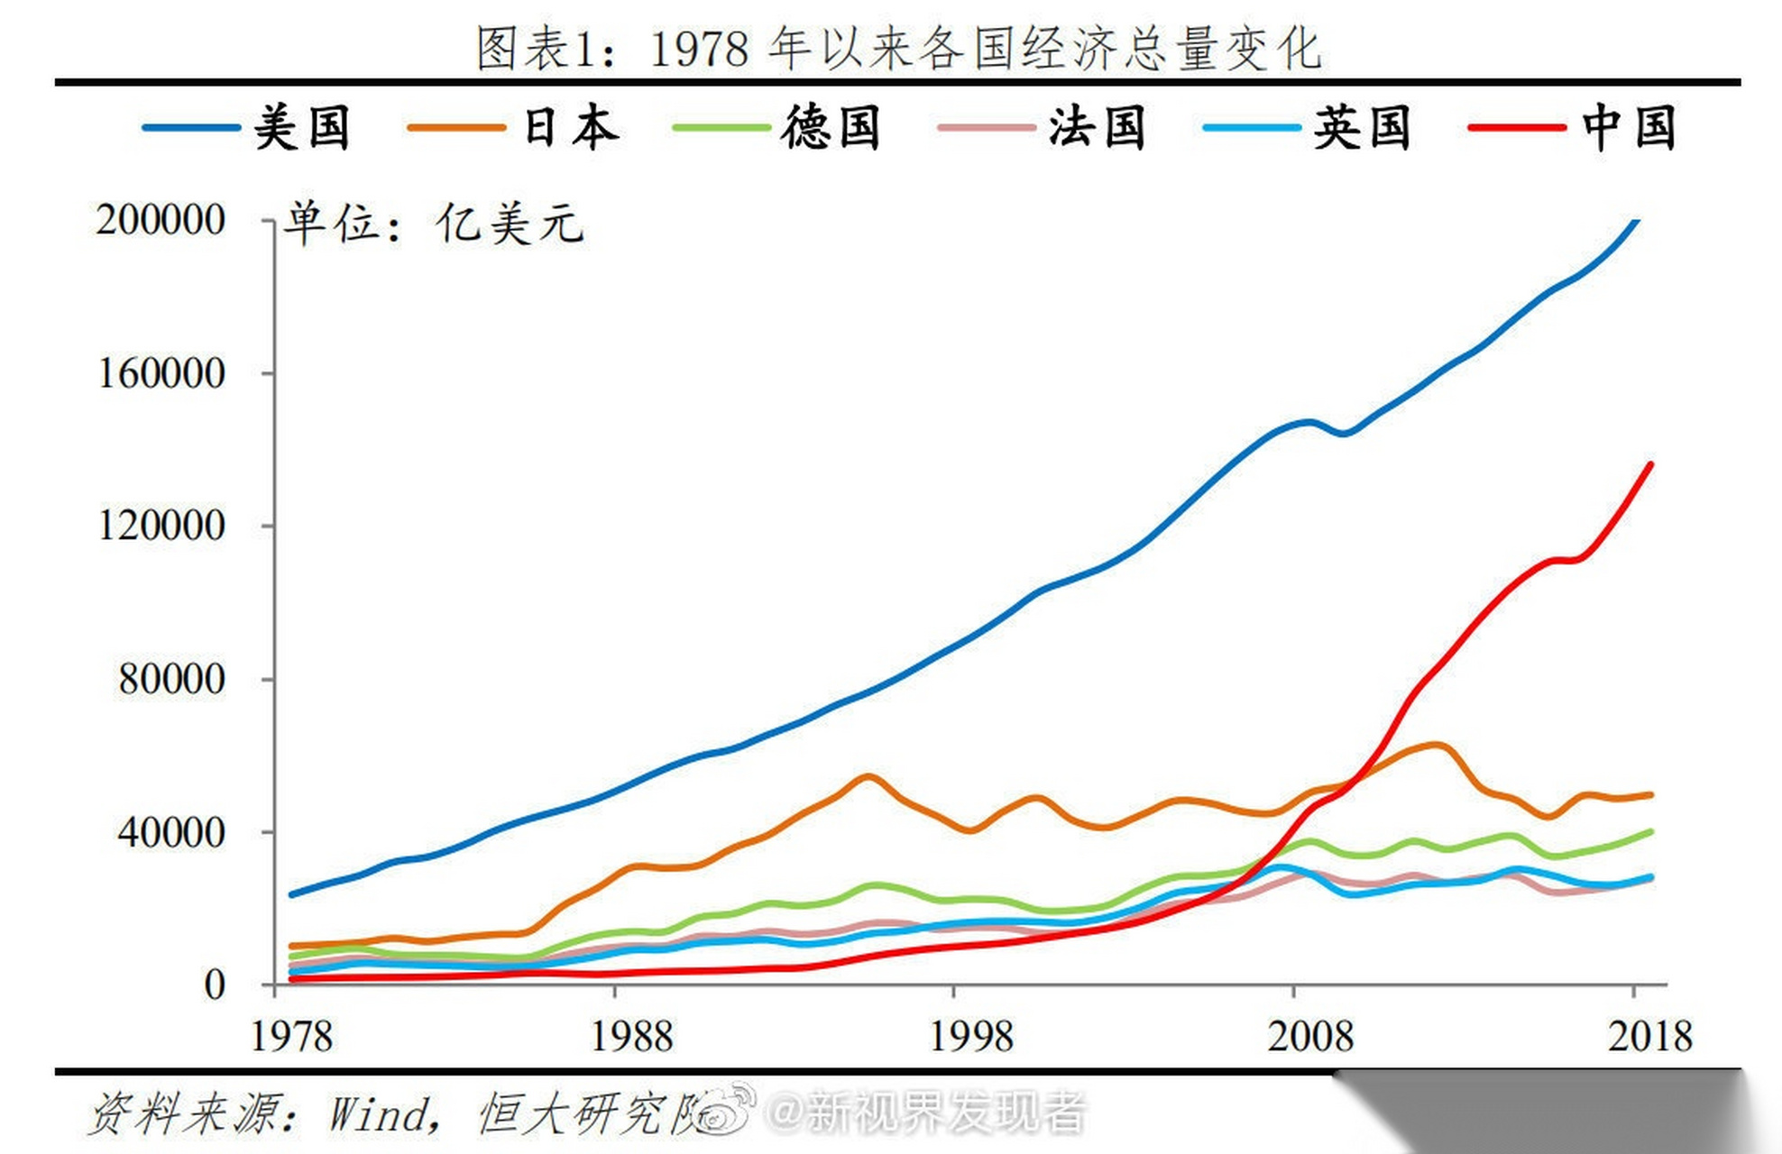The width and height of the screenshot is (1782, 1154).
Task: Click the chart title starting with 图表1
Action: (x=898, y=47)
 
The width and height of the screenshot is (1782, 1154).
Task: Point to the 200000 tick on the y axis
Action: (x=161, y=220)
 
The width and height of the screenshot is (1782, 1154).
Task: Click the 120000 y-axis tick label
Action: (x=161, y=526)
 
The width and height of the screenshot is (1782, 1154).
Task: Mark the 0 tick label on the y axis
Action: (x=214, y=985)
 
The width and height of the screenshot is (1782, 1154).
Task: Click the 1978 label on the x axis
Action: (x=290, y=1037)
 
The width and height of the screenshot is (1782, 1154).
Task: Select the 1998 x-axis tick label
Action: (x=970, y=1037)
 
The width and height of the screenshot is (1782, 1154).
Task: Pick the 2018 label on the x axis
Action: (x=1649, y=1037)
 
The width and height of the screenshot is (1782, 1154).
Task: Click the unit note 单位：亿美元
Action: (x=434, y=223)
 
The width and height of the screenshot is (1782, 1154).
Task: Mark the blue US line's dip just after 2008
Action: (x=1343, y=434)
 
